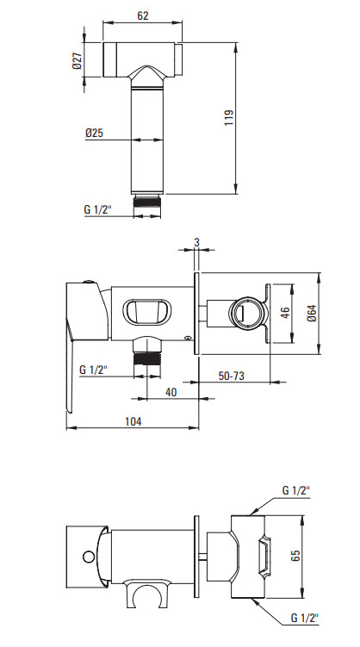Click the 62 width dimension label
coord(143,16)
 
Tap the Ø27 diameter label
coord(78,60)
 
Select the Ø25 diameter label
coord(95,133)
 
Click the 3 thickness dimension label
coord(196,243)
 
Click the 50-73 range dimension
coord(232,376)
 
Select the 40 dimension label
coord(171,392)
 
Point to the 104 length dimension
coord(133,421)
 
